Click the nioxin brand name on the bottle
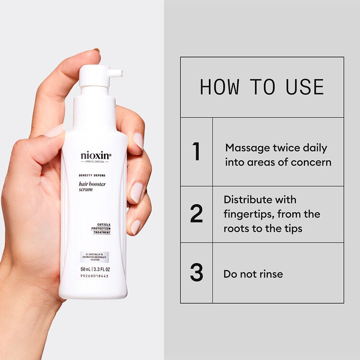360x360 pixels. tap(96, 156)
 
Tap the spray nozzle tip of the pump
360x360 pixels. tap(120, 73)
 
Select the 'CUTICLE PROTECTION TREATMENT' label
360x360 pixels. tap(101, 228)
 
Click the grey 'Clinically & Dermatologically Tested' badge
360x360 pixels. tap(94, 257)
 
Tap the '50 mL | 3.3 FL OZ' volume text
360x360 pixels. tap(94, 269)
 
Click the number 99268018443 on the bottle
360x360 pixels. tap(94, 276)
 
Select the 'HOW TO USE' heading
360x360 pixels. tap(262, 87)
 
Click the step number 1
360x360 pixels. tap(196, 152)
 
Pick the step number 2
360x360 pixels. tap(196, 214)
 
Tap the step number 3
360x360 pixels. tap(196, 273)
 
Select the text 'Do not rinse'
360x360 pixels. tap(253, 274)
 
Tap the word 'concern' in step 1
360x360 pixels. tap(312, 162)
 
